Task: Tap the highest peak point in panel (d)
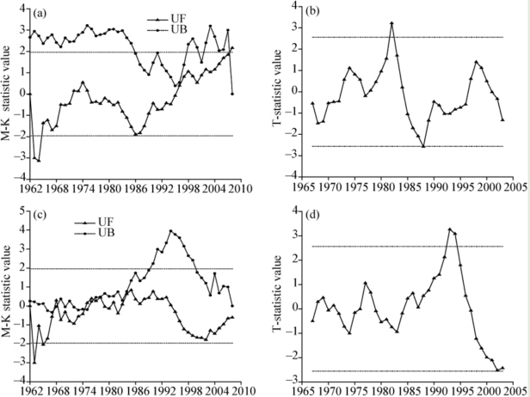[450, 229]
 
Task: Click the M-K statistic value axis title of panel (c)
[7, 294]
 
